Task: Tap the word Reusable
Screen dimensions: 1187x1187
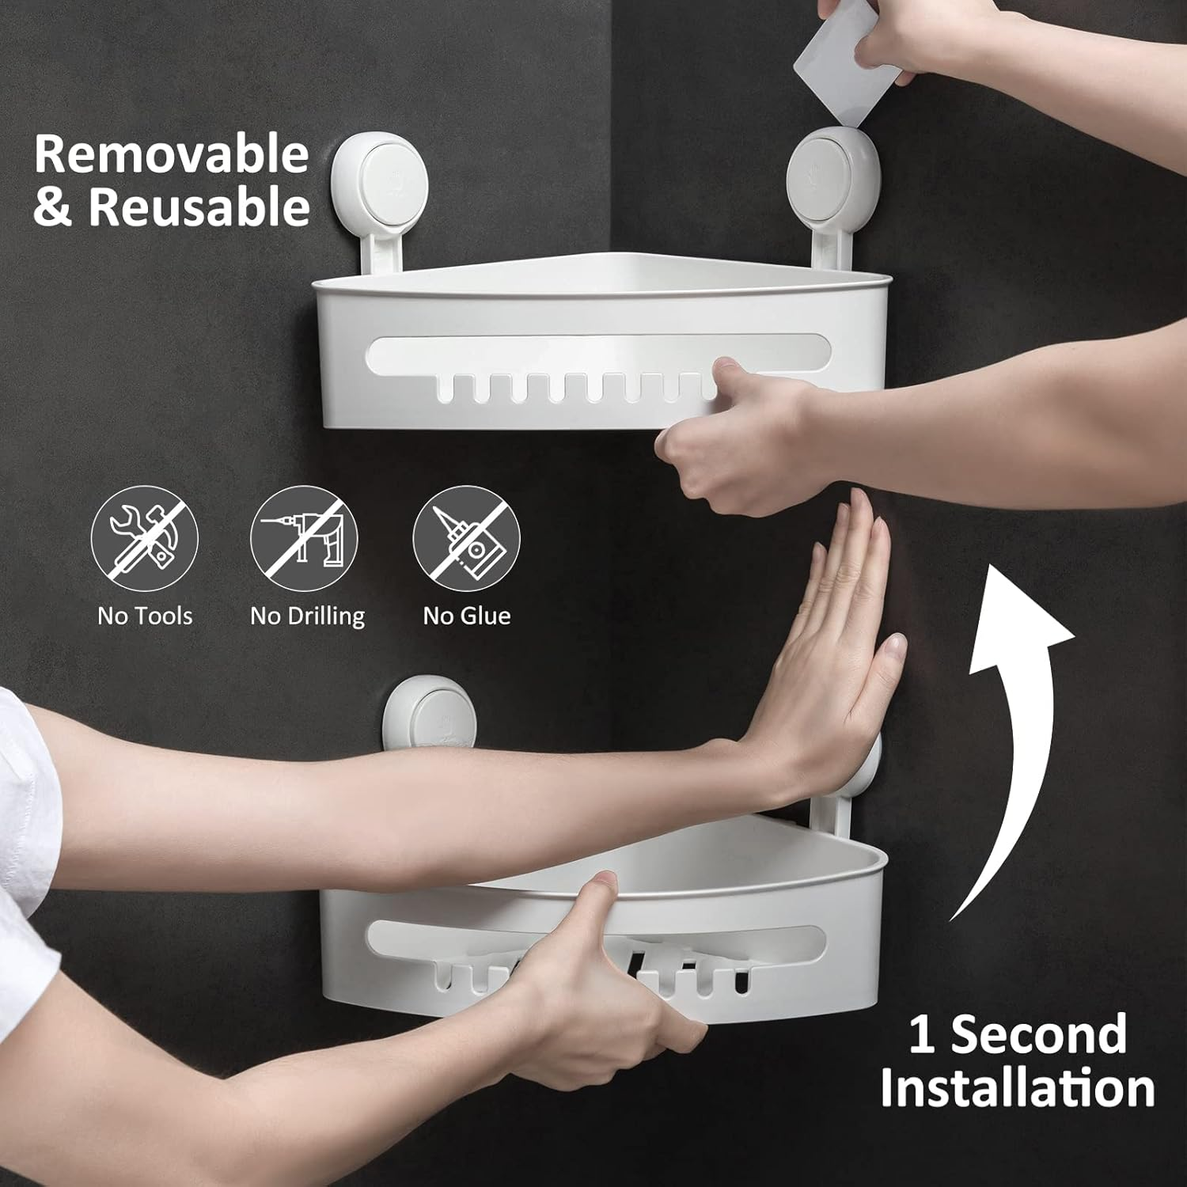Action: coord(199,207)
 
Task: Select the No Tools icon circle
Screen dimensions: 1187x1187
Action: coord(144,539)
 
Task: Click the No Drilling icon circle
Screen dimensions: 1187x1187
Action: coord(305,539)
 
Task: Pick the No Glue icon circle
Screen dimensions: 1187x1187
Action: coord(466,539)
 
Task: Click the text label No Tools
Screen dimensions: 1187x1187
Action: coord(145,616)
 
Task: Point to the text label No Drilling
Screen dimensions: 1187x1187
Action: coord(307,616)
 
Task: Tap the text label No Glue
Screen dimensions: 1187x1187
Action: coord(466,616)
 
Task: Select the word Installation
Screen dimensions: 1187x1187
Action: coord(1017,1088)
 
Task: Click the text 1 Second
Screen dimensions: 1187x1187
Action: coord(1017,1034)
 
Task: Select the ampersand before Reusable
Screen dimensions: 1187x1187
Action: coord(52,207)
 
